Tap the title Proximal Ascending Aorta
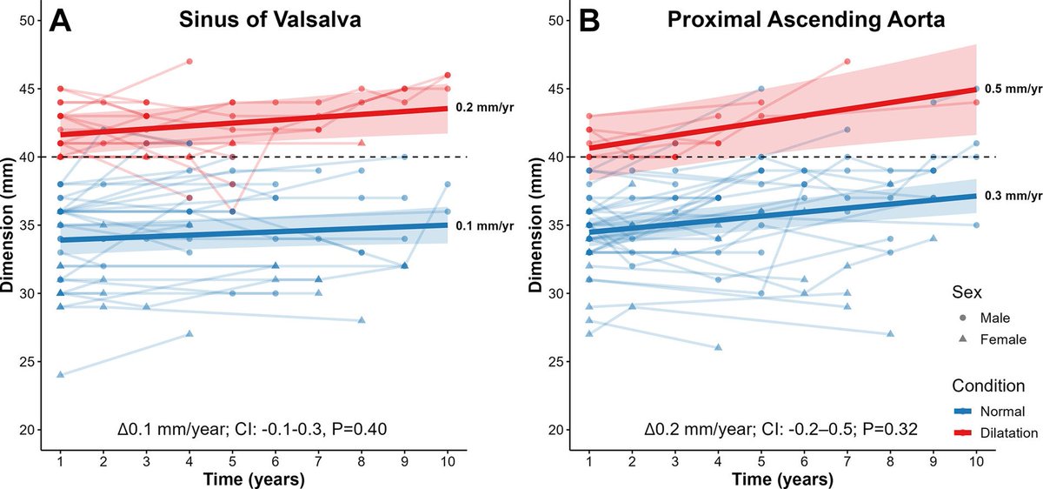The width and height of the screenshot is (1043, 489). (781, 22)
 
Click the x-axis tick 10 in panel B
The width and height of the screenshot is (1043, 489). (976, 459)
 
